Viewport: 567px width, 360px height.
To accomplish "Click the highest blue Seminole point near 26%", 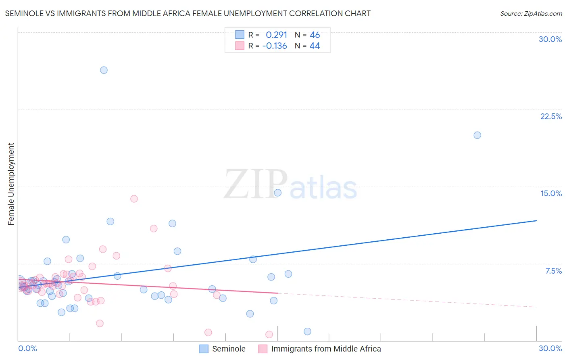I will (x=104, y=70).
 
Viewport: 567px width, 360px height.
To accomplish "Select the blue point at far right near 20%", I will (x=477, y=135).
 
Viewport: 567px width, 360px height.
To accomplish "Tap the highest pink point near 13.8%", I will (x=134, y=199).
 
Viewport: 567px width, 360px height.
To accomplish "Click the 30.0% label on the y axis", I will (x=550, y=39).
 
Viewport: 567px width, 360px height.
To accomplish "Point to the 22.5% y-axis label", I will (x=551, y=116).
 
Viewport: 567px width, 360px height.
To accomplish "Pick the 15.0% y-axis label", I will (x=551, y=193).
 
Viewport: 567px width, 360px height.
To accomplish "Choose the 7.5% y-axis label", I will (x=553, y=271).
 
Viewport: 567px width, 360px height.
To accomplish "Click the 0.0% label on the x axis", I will (x=27, y=348).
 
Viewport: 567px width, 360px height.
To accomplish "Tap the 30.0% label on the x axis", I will (x=550, y=348).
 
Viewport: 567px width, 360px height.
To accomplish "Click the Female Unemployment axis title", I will (x=11, y=184).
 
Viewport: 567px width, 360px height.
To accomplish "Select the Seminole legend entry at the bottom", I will (x=228, y=349).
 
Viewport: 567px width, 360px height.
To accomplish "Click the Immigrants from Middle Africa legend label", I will (x=326, y=349).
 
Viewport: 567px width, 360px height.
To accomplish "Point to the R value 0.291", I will (x=276, y=35).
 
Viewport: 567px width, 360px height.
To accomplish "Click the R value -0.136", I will (x=275, y=46).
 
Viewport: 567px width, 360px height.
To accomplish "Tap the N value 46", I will (x=315, y=35).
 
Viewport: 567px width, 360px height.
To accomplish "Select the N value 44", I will (x=315, y=46).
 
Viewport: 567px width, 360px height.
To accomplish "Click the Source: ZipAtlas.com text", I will (x=531, y=14).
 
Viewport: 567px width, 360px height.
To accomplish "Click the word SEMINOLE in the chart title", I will (x=24, y=14).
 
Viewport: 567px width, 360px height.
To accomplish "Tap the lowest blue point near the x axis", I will (x=307, y=331).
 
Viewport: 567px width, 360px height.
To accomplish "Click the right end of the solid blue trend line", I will (x=536, y=221).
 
